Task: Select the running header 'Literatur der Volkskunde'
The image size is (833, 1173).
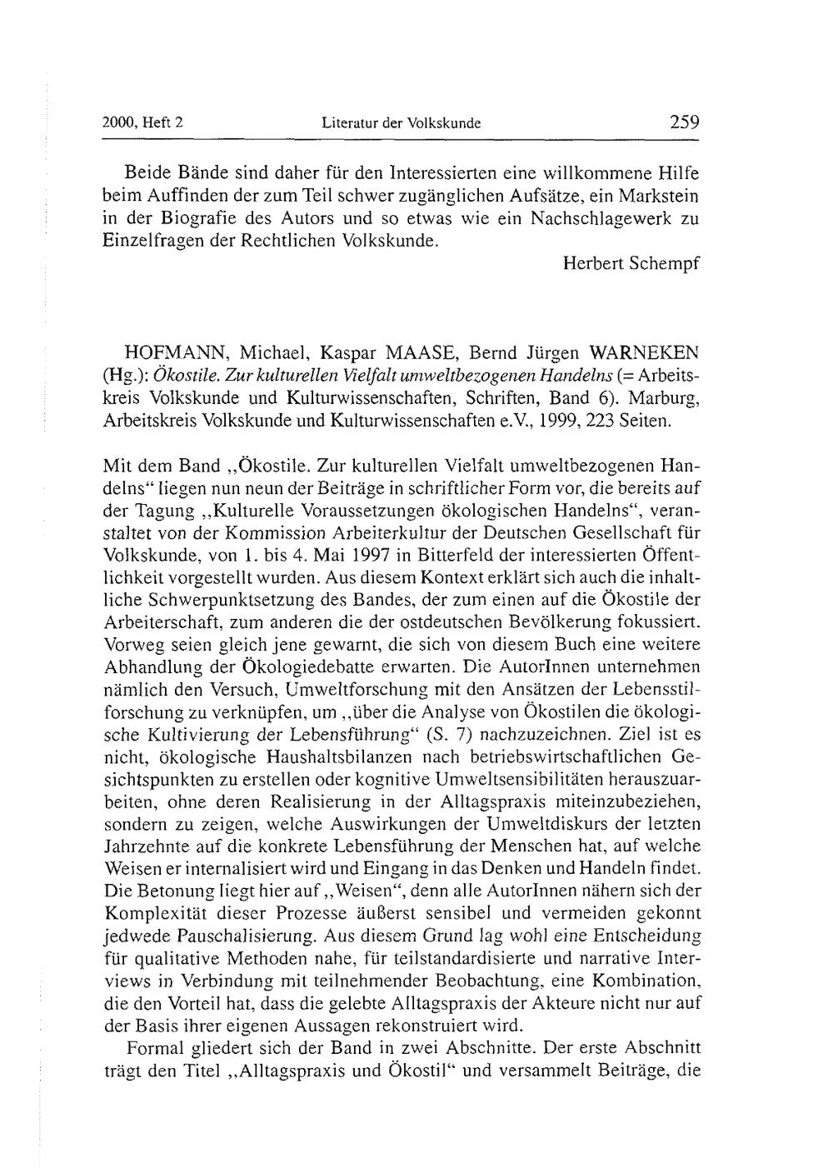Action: click(402, 124)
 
